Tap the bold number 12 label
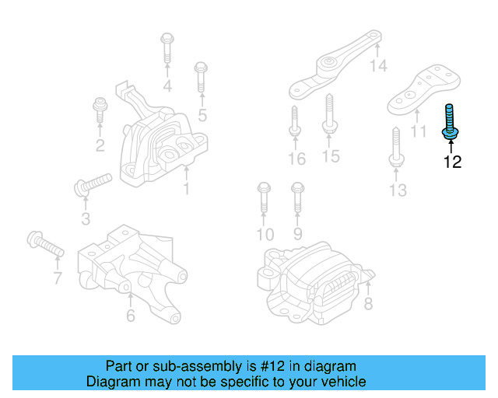pyautogui.click(x=452, y=162)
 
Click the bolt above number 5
pyautogui.click(x=200, y=79)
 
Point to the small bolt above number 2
pyautogui.click(x=100, y=110)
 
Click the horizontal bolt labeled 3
pyautogui.click(x=92, y=184)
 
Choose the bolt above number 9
pyautogui.click(x=296, y=197)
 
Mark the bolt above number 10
pyautogui.click(x=262, y=197)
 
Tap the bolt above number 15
pyautogui.click(x=328, y=115)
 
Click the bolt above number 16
pyautogui.click(x=295, y=121)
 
